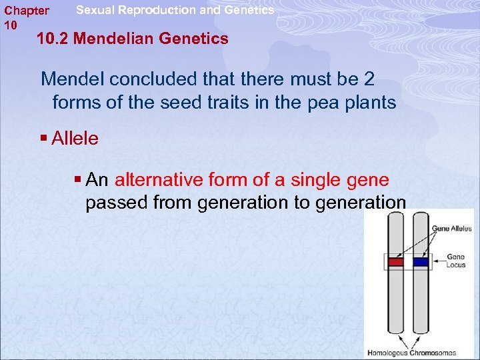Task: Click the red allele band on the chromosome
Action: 396,262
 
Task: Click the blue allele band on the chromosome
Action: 421,262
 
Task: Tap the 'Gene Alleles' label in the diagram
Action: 451,229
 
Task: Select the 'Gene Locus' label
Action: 456,261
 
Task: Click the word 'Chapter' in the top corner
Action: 26,11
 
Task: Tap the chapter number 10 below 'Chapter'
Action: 10,25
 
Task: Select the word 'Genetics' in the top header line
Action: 249,10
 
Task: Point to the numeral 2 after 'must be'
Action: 369,79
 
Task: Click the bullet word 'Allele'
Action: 75,139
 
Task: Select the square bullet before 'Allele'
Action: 44,139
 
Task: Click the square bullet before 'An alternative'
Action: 79,181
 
